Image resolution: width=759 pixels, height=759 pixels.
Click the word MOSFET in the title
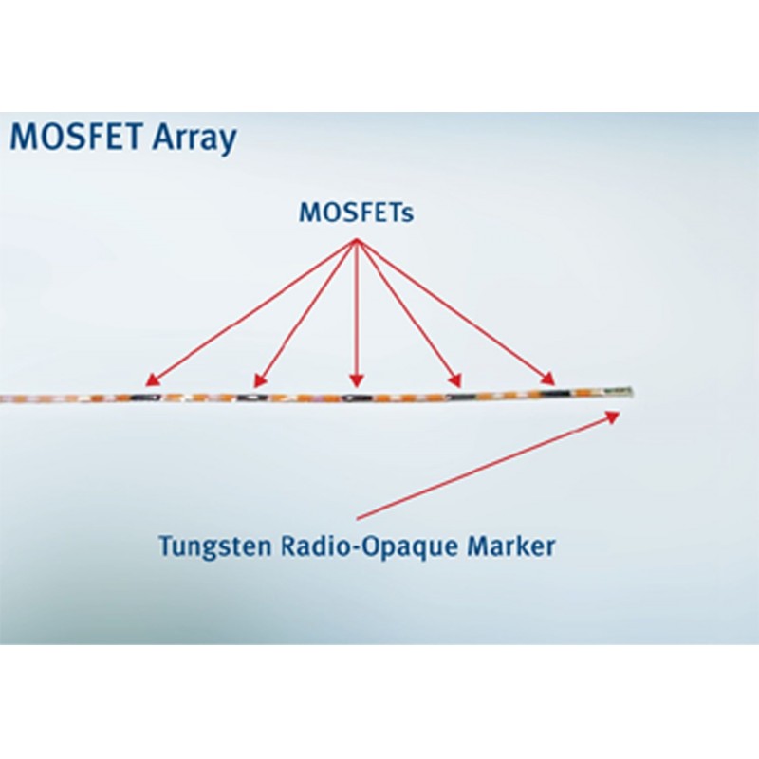click(77, 137)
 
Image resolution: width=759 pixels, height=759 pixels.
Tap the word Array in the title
click(194, 139)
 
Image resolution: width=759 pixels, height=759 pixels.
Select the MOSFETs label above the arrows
click(357, 213)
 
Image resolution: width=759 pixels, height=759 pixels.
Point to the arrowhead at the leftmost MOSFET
click(152, 380)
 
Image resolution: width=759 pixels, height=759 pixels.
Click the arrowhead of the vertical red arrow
click(357, 381)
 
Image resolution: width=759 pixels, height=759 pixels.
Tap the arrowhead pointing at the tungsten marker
click(613, 417)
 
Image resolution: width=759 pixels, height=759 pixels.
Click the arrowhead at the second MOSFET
click(259, 381)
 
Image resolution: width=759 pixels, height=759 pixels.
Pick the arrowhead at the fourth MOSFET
click(455, 380)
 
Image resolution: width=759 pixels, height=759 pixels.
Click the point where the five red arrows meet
click(357, 239)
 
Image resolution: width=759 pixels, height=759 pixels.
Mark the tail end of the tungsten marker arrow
click(357, 519)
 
